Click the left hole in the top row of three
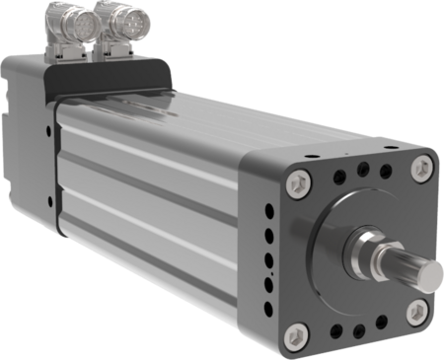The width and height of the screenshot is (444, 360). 338,175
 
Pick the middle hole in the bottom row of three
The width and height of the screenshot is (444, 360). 356,330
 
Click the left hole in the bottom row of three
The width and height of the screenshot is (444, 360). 335,332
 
